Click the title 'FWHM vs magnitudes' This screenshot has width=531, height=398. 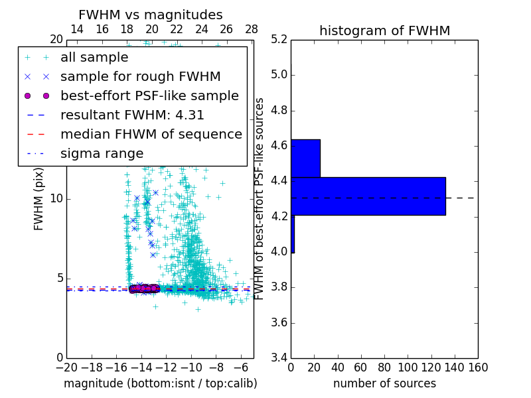tap(151, 15)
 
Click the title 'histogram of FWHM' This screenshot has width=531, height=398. tap(384, 31)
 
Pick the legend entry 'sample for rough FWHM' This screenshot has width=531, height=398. tap(140, 77)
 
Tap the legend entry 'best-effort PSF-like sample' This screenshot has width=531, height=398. tap(149, 96)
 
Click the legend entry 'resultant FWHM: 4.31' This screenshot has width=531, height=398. tap(132, 115)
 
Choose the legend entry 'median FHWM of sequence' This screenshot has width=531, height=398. tap(151, 135)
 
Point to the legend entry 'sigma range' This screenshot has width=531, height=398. tap(102, 154)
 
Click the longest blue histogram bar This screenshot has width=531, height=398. tap(368, 196)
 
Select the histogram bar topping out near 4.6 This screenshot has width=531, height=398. tap(305, 159)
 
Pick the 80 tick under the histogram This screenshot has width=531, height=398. tap(384, 367)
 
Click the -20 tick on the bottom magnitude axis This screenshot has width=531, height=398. tap(66, 367)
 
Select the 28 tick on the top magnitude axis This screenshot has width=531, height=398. tap(252, 29)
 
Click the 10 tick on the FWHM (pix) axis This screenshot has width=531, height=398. tap(56, 199)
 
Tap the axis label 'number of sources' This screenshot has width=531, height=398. tap(384, 383)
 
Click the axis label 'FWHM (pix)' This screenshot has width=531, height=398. tap(39, 199)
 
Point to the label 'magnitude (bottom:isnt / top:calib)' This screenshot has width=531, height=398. tap(160, 383)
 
